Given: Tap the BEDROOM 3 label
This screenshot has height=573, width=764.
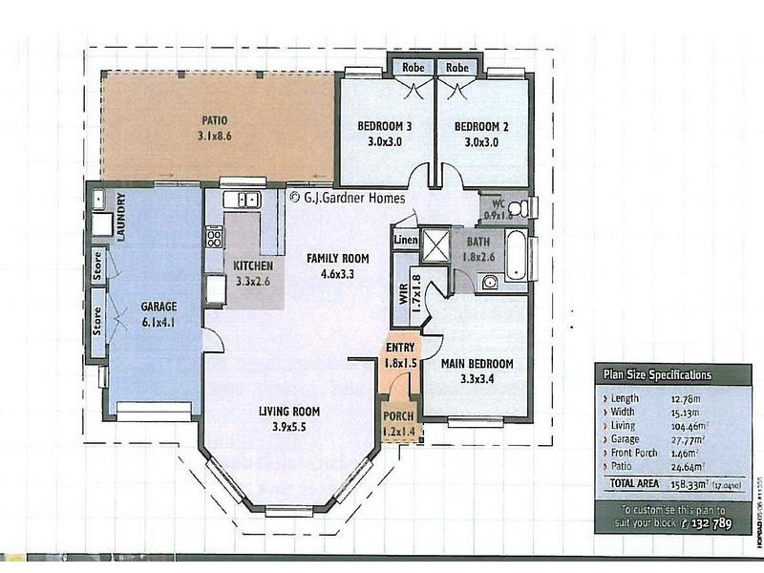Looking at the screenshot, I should (385, 126).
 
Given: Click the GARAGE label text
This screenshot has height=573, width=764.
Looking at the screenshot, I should (159, 307).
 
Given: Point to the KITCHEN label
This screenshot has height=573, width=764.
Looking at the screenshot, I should (253, 265).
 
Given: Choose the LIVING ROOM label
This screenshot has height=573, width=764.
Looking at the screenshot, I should (288, 412).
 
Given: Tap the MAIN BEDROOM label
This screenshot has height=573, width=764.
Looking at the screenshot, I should (477, 364).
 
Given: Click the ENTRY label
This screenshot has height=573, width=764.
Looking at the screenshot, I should (399, 348).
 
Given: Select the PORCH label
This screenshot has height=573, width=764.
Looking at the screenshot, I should (398, 417).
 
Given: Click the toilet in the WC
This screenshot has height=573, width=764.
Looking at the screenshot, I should (521, 207).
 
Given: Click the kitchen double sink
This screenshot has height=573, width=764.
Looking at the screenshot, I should (243, 200).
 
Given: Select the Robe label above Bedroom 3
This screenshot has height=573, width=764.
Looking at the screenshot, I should (413, 68).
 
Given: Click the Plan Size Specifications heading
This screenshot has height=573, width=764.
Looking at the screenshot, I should (655, 375).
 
